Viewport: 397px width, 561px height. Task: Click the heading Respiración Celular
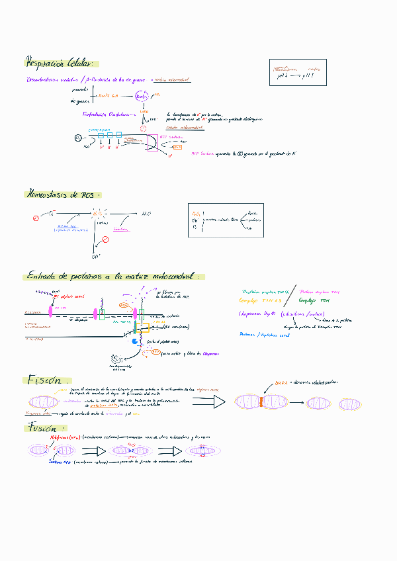(59, 64)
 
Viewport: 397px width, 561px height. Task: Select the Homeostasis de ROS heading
(62, 194)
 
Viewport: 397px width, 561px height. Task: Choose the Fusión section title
(42, 429)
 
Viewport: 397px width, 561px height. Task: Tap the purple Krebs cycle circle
(142, 97)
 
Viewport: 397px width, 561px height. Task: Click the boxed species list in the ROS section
(226, 220)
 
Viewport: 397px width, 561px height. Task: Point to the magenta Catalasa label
(120, 230)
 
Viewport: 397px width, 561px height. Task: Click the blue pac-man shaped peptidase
(136, 342)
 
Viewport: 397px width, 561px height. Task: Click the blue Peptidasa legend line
(265, 335)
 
